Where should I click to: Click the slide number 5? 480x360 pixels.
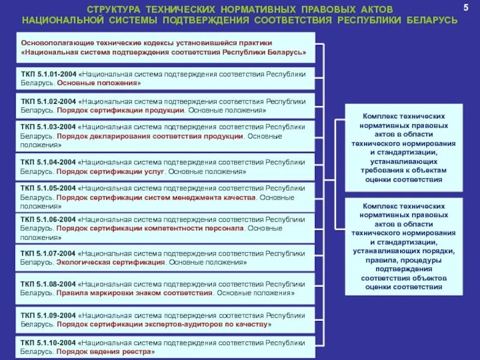[x=465, y=7]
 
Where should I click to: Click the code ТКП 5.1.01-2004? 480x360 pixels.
[x=47, y=74]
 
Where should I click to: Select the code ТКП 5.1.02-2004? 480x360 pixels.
[x=47, y=102]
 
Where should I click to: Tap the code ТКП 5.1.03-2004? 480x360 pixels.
[x=47, y=127]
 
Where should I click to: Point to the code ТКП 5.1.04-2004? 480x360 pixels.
[x=47, y=163]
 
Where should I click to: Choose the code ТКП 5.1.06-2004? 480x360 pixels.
[x=47, y=220]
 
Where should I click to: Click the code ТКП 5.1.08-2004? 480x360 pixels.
[x=47, y=284]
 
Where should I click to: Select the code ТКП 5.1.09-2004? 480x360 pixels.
[x=47, y=315]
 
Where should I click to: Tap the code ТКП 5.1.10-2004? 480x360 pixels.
[x=47, y=343]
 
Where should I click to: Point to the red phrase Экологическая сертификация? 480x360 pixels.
[x=110, y=262]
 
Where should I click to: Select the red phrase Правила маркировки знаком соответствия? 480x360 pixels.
[x=134, y=293]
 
